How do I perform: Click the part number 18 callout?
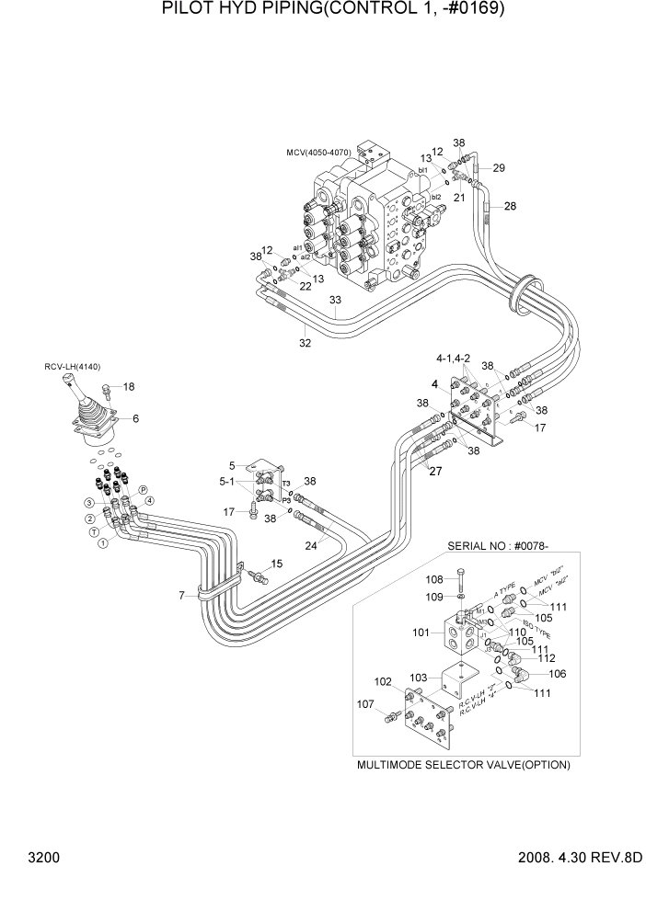(x=129, y=386)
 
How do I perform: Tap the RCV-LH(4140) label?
(x=73, y=367)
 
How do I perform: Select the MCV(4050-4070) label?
(x=319, y=152)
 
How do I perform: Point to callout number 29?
(x=499, y=167)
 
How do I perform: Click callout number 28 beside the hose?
(x=509, y=206)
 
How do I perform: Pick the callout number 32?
(x=305, y=344)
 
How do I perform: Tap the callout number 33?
(x=335, y=301)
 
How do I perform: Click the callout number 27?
(x=434, y=472)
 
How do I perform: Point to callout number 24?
(x=311, y=544)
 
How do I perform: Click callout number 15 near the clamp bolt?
(x=276, y=564)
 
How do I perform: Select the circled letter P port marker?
(x=142, y=491)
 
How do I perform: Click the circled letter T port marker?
(x=94, y=532)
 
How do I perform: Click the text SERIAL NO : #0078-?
(x=497, y=545)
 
